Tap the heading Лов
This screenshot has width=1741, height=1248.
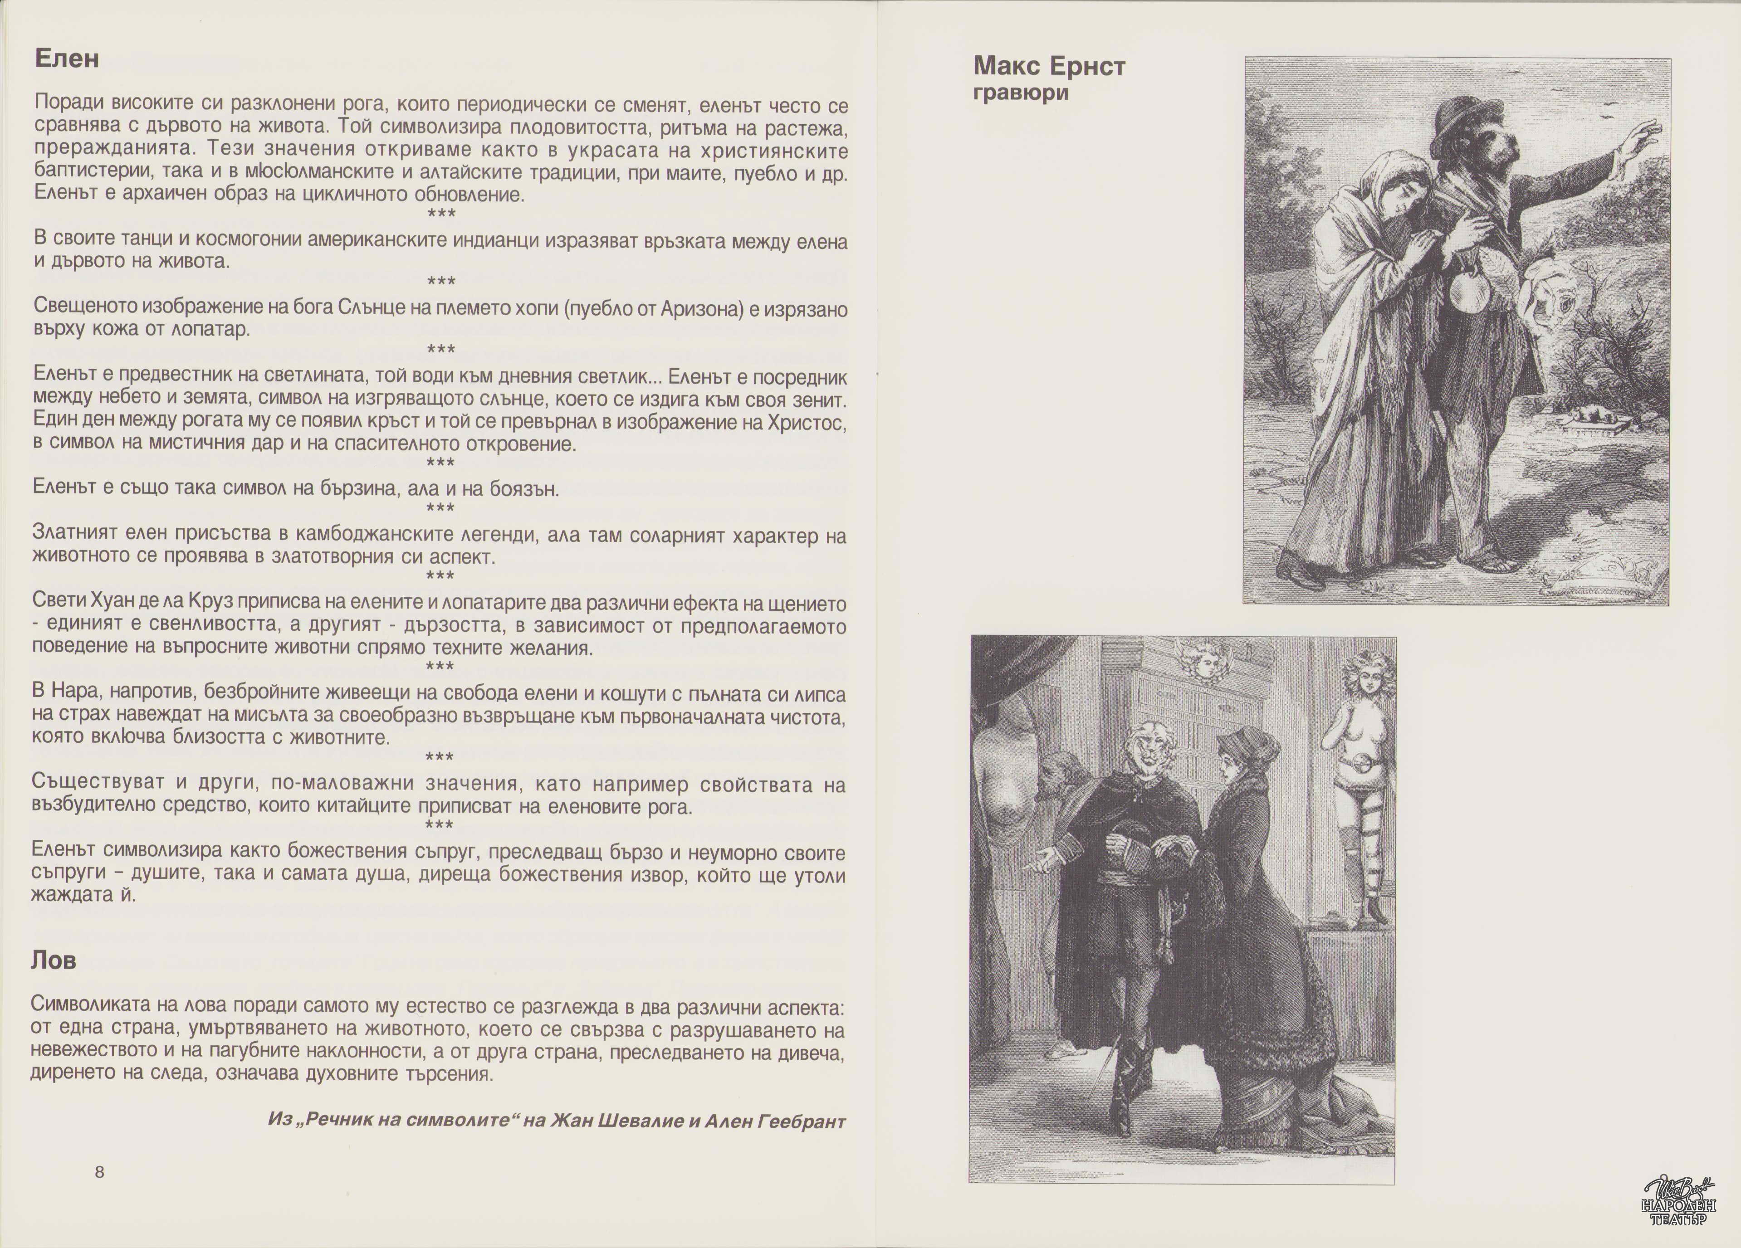point(54,960)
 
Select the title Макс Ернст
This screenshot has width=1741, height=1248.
point(1049,67)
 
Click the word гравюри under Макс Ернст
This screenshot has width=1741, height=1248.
point(1021,93)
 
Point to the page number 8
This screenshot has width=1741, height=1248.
point(99,1172)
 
